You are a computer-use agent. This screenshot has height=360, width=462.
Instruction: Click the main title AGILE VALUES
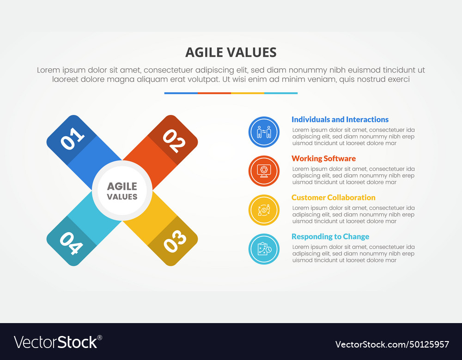(231, 52)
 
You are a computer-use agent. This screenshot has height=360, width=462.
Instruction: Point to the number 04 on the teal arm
(71, 242)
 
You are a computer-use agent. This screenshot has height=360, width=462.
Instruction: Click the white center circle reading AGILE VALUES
(122, 191)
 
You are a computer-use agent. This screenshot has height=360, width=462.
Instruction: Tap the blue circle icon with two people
(264, 132)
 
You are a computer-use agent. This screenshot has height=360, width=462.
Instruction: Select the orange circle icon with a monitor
(264, 171)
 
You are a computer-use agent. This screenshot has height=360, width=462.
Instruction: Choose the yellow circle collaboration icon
(264, 210)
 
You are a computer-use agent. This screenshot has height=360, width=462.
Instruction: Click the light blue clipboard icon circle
(264, 249)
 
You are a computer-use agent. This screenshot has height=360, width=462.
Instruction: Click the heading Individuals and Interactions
(340, 120)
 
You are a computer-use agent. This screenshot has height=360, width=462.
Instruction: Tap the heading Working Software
(323, 158)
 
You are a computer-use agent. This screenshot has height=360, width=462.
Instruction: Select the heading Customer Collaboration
(333, 198)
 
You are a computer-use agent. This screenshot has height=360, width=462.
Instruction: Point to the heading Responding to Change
(330, 237)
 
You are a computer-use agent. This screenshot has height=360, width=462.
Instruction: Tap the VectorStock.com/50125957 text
(392, 344)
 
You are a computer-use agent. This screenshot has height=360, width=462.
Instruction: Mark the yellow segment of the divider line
(247, 93)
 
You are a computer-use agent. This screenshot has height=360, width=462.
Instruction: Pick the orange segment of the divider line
(214, 93)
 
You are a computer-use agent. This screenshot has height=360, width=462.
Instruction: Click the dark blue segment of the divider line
(181, 93)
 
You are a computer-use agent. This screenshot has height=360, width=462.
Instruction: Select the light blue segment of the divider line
(281, 93)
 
